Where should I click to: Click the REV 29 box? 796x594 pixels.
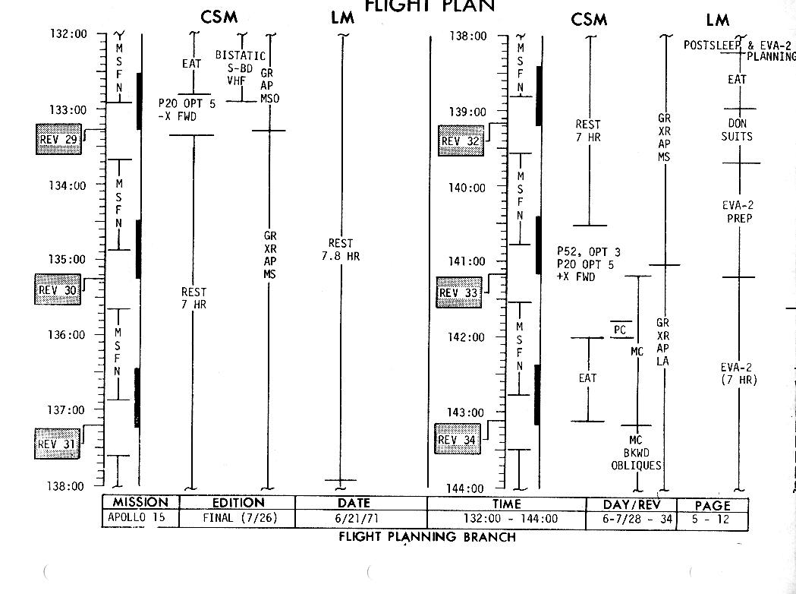(x=58, y=140)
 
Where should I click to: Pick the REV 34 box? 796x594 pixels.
(x=458, y=440)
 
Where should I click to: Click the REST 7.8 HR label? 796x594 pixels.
(x=341, y=250)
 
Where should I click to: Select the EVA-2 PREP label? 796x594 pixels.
(x=738, y=212)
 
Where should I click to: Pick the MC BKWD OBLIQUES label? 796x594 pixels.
(x=636, y=453)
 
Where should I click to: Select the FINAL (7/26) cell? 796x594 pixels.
(x=237, y=519)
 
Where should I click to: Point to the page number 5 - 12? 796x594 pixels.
(x=712, y=519)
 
